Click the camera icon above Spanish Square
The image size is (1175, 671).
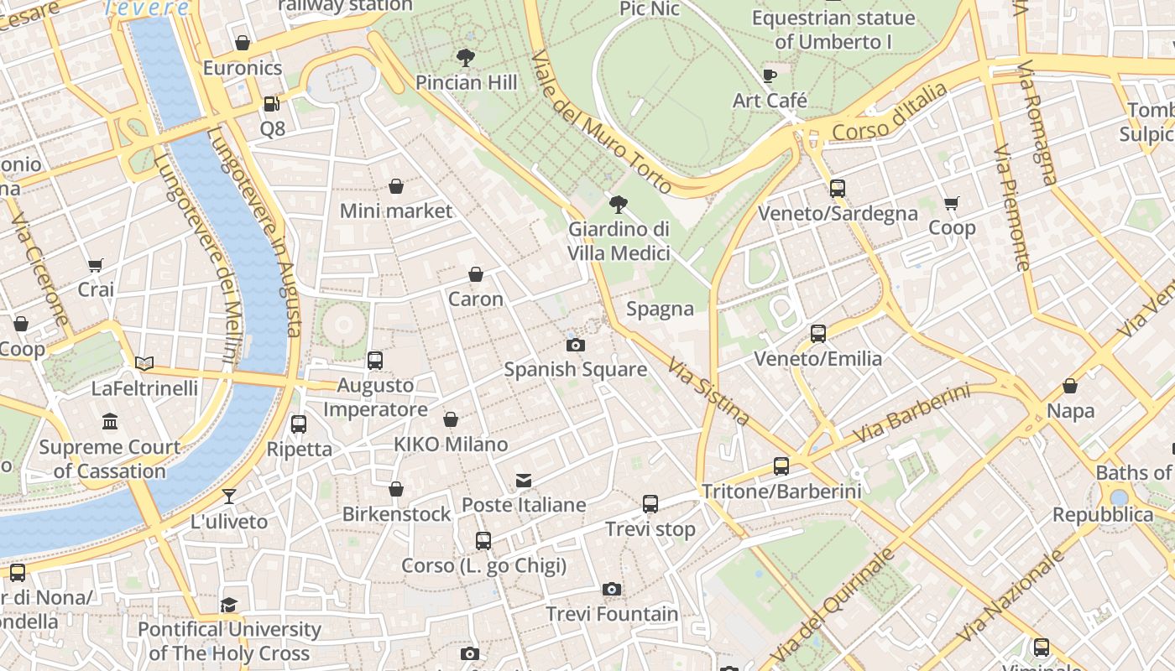(575, 345)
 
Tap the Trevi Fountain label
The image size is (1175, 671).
(612, 614)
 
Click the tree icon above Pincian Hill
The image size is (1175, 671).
(466, 58)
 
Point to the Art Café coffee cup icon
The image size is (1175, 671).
(769, 76)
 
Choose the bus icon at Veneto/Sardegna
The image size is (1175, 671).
(837, 189)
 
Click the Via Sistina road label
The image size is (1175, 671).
(708, 391)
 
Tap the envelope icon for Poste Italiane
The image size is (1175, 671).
(524, 481)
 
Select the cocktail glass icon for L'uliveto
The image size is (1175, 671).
(228, 497)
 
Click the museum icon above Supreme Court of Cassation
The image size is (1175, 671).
(110, 421)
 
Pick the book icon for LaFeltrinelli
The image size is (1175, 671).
(144, 363)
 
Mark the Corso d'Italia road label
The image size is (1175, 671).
(890, 113)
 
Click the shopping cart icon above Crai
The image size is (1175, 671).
(96, 266)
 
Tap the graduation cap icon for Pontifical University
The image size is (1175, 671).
(228, 605)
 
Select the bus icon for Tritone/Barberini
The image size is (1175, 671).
(781, 466)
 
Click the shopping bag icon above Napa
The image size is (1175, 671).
(1070, 386)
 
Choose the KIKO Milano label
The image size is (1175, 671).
(451, 445)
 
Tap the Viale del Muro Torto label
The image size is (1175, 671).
(601, 122)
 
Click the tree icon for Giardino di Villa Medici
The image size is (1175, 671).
(619, 204)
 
